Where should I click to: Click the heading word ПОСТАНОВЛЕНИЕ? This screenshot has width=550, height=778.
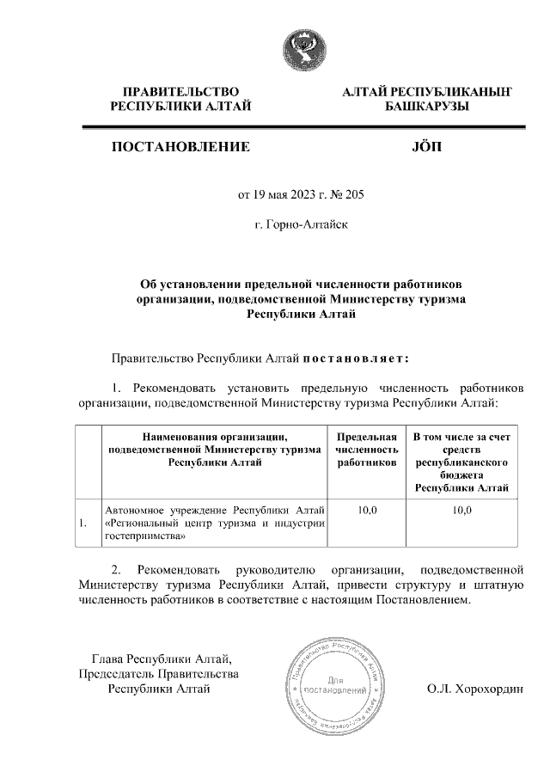[x=180, y=147]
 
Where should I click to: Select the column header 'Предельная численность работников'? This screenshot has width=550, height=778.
[x=367, y=450]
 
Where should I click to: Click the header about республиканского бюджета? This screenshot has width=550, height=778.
[x=461, y=463]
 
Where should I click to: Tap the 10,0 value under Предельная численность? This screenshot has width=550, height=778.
[x=367, y=510]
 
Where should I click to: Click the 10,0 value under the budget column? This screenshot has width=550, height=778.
[x=461, y=510]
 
